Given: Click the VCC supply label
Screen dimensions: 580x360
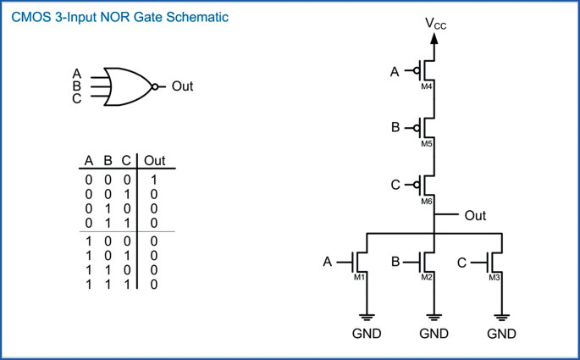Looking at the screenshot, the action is click(x=436, y=24).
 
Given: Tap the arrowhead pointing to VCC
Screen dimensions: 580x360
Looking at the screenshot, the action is click(x=434, y=38).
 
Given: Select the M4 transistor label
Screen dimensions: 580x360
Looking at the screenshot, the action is click(x=427, y=87).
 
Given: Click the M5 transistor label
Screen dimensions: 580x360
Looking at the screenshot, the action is click(x=427, y=144).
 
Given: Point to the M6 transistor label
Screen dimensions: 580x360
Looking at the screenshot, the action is click(x=427, y=202).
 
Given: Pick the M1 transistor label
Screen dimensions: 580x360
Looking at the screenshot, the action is click(x=359, y=277).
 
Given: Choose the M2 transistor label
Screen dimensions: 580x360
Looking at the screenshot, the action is click(x=427, y=277).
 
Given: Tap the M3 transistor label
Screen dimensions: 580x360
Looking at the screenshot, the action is click(x=494, y=278).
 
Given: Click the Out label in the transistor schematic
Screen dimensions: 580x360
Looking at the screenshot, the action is click(x=475, y=215).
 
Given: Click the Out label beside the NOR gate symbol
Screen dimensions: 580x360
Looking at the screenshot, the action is click(x=182, y=86).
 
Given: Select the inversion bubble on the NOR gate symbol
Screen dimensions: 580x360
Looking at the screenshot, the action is click(x=155, y=86).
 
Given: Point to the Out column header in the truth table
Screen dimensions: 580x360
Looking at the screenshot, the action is click(x=155, y=161).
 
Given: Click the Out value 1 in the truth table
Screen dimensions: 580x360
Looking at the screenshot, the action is click(x=154, y=180).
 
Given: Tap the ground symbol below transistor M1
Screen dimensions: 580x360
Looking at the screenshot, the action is click(x=367, y=317).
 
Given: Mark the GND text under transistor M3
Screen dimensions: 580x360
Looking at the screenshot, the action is click(x=501, y=334).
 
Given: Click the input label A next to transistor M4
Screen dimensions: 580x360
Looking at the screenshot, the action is click(x=395, y=71).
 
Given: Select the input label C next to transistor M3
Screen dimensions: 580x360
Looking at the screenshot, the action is click(x=461, y=263).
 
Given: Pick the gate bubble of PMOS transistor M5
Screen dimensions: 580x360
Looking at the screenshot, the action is click(x=417, y=128).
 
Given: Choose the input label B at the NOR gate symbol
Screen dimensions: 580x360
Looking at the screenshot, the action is click(x=76, y=86).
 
